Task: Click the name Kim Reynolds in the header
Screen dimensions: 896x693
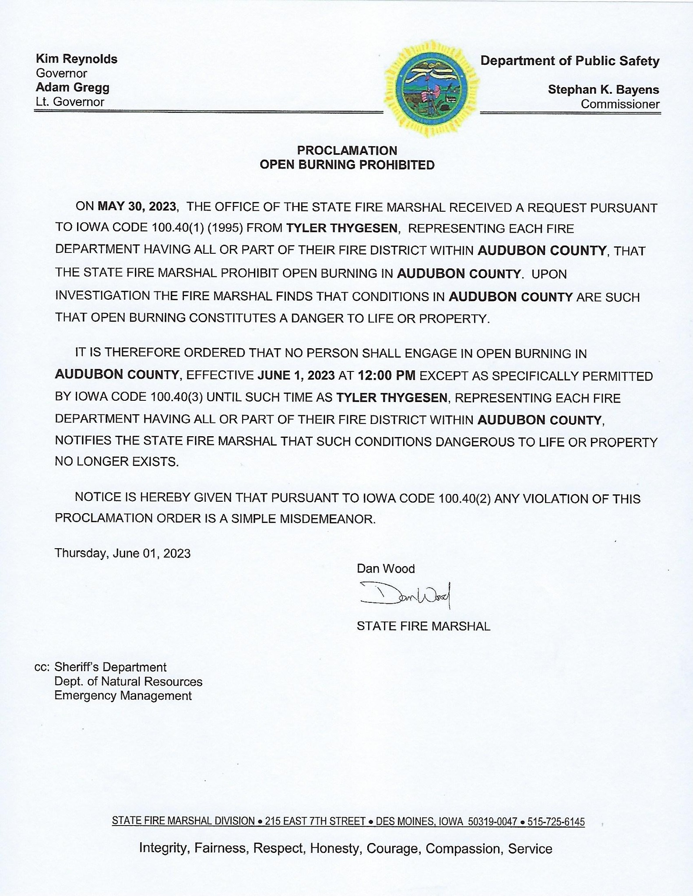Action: (77, 59)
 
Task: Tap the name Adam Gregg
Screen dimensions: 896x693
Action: (73, 87)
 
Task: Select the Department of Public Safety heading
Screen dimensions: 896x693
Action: (570, 61)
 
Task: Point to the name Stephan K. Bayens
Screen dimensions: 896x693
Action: (603, 90)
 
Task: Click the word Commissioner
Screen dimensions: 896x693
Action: (620, 104)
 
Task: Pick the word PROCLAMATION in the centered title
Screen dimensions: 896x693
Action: (347, 150)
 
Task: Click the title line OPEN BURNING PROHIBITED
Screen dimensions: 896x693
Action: (347, 165)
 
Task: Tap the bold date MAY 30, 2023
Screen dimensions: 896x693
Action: (137, 206)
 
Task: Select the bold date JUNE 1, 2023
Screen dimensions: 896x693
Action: (296, 375)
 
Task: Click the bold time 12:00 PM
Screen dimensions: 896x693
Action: (386, 375)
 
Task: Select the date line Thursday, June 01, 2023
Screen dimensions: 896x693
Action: (123, 553)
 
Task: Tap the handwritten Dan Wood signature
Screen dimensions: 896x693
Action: (405, 595)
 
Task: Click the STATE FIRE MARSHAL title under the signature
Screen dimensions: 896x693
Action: (423, 626)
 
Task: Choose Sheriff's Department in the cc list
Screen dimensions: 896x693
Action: (110, 667)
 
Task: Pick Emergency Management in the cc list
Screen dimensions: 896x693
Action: (123, 696)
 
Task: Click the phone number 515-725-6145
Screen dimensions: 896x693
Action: (556, 822)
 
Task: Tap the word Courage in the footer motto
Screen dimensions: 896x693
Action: (392, 849)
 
